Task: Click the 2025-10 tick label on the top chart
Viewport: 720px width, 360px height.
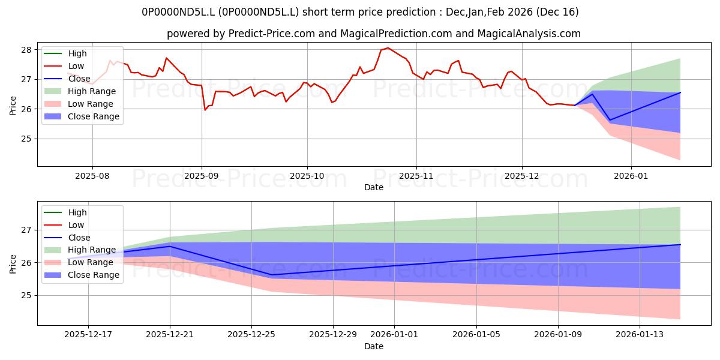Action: [x=307, y=175]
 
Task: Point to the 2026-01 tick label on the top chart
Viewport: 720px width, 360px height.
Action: [x=631, y=175]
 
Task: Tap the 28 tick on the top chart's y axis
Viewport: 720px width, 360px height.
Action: [x=27, y=50]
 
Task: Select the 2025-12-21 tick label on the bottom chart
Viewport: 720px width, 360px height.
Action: [x=170, y=334]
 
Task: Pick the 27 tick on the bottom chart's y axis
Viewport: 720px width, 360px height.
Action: [x=27, y=230]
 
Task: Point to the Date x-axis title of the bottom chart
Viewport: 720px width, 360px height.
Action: [x=373, y=346]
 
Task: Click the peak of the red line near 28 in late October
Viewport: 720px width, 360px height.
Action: [x=388, y=48]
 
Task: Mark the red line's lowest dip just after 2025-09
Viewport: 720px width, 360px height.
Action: [x=205, y=110]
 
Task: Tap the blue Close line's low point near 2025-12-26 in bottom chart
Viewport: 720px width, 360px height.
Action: [x=272, y=275]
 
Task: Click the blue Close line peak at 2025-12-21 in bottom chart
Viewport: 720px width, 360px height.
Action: [x=170, y=246]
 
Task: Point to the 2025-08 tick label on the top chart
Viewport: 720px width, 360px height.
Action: [x=92, y=175]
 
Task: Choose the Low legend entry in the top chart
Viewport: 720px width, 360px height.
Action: [x=77, y=66]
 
